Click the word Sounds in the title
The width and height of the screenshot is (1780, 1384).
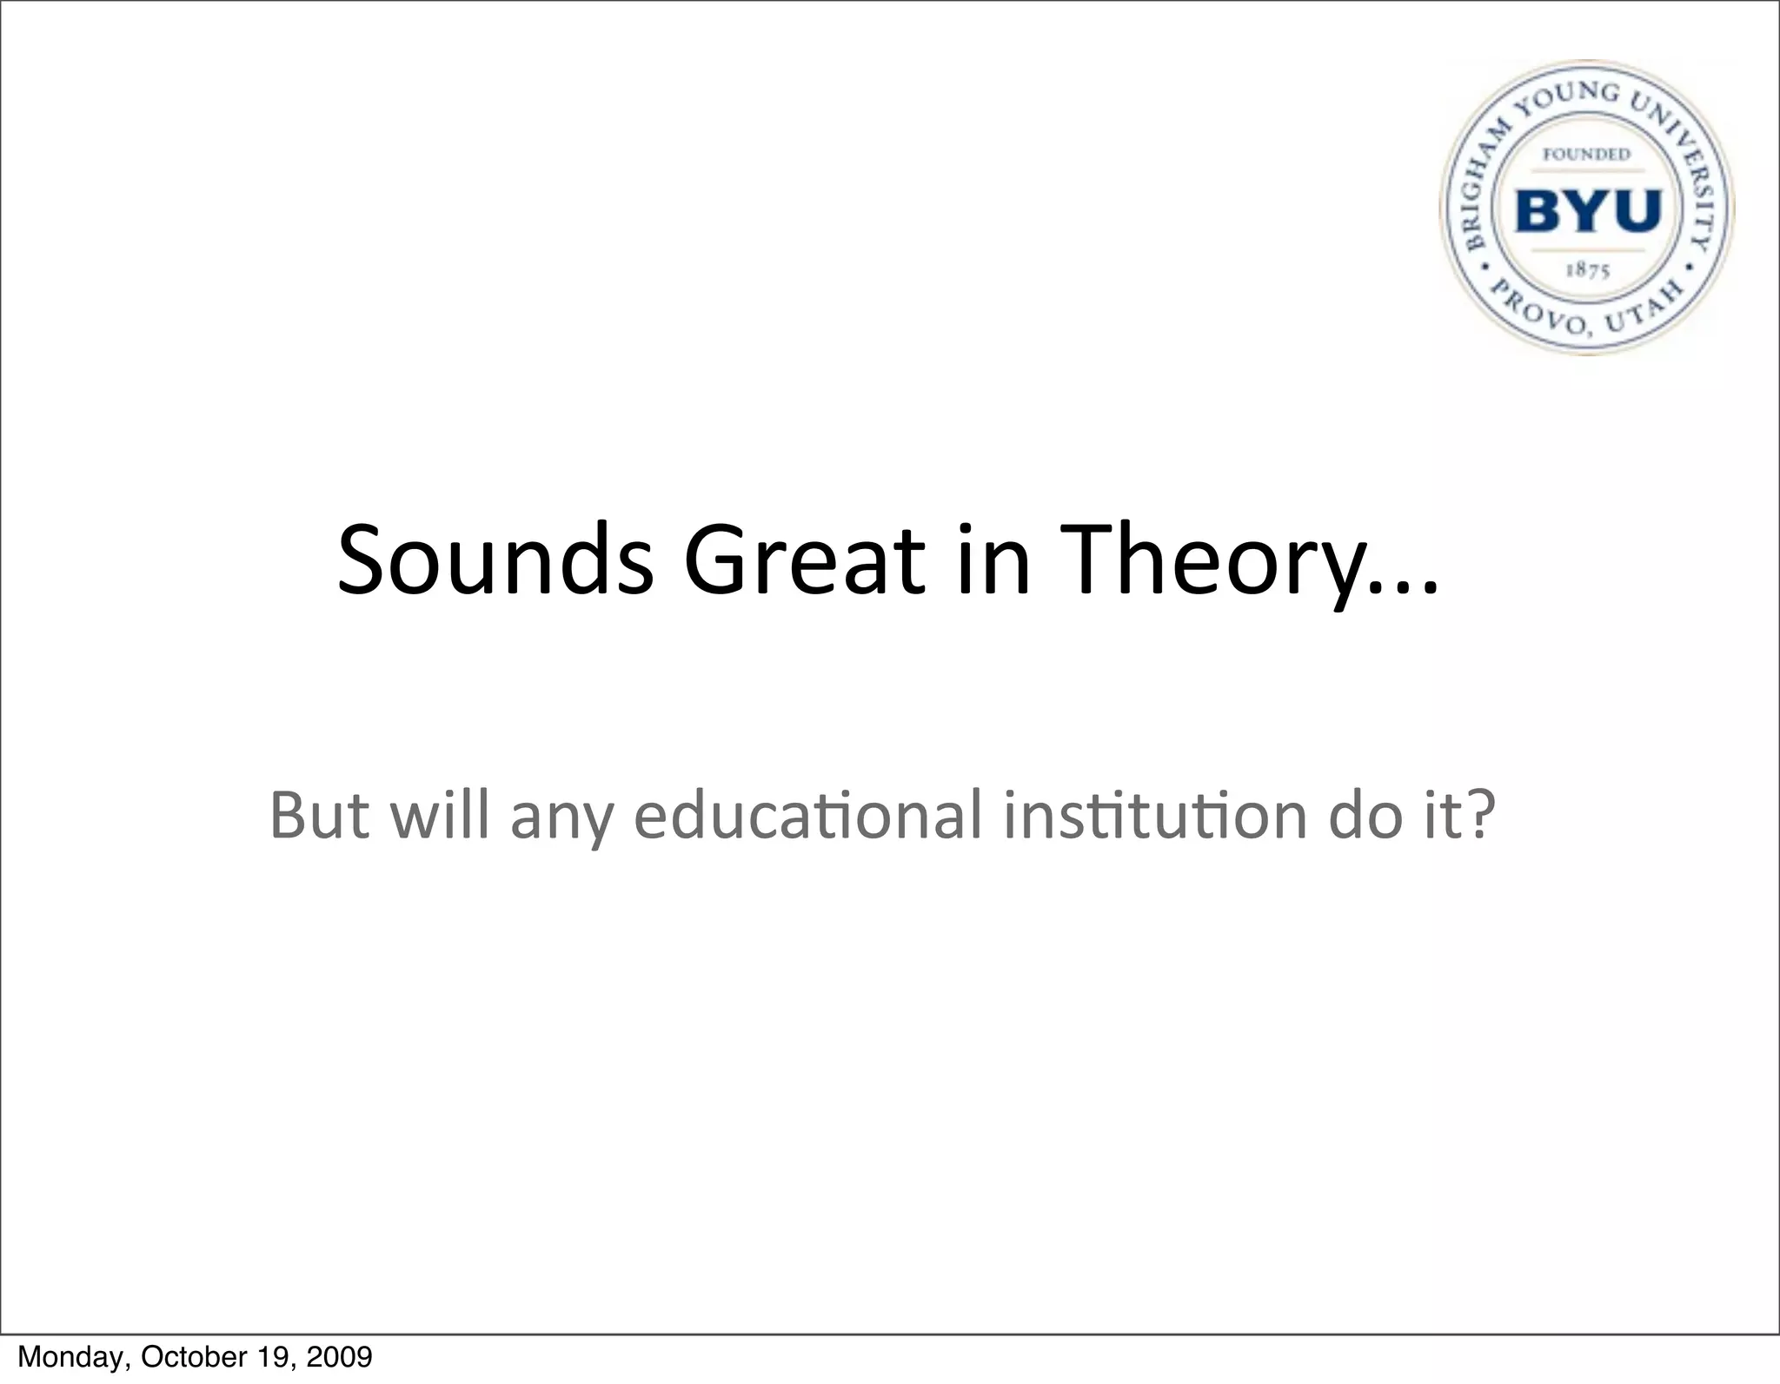coord(495,560)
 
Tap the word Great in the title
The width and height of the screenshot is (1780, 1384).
coord(805,560)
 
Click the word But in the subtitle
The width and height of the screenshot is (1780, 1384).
coord(319,815)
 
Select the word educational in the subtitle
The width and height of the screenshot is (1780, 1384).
coord(808,815)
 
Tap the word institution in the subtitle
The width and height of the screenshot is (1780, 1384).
coord(1155,815)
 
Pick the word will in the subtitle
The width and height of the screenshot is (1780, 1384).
coord(440,815)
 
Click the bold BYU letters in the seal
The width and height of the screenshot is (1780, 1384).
coord(1587,211)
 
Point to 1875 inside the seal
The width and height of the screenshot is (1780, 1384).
coord(1587,270)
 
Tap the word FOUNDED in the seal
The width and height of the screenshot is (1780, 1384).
coord(1586,155)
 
